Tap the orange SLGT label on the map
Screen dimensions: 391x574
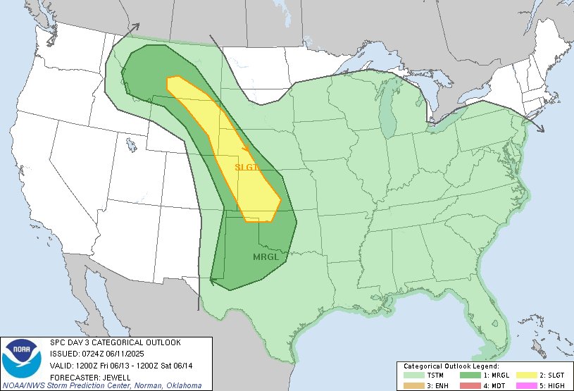(248, 167)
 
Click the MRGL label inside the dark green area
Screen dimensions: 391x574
(266, 257)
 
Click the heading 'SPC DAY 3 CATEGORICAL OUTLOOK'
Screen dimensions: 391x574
(114, 342)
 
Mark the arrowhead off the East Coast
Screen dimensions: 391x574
(540, 129)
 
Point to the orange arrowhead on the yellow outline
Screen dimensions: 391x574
(245, 149)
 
